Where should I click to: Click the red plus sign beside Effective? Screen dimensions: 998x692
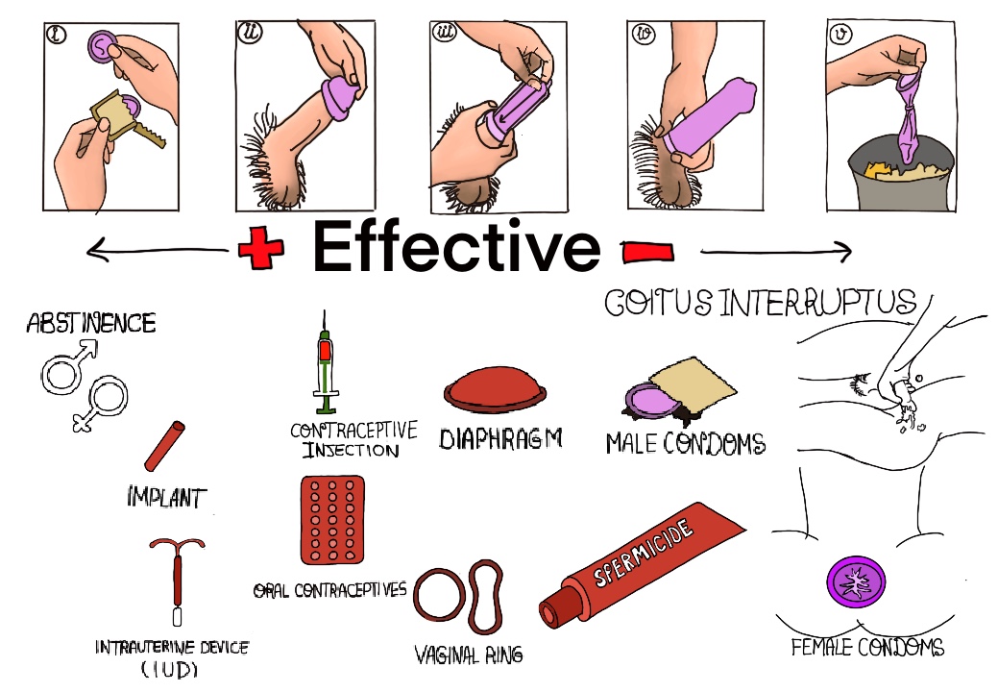pyautogui.click(x=261, y=246)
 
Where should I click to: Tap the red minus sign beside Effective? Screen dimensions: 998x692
pyautogui.click(x=647, y=252)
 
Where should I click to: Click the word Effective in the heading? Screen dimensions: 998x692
pyautogui.click(x=456, y=246)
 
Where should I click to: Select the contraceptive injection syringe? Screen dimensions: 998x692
pyautogui.click(x=326, y=362)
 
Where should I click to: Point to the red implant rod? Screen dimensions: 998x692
pyautogui.click(x=165, y=446)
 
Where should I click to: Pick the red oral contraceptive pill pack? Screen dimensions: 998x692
pyautogui.click(x=332, y=520)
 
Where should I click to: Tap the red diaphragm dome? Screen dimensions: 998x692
pyautogui.click(x=496, y=389)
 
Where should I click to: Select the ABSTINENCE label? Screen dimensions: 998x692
pyautogui.click(x=91, y=323)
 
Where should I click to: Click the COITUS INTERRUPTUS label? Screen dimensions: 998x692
pyautogui.click(x=761, y=303)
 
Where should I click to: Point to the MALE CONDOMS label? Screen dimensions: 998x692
pyautogui.click(x=686, y=443)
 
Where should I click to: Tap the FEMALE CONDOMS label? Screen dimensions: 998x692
pyautogui.click(x=867, y=647)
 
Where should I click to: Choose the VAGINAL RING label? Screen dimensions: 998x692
pyautogui.click(x=469, y=655)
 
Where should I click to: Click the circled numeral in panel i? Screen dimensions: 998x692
pyautogui.click(x=57, y=34)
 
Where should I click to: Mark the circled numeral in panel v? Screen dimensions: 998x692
pyautogui.click(x=840, y=33)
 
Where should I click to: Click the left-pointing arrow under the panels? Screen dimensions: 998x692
pyautogui.click(x=158, y=250)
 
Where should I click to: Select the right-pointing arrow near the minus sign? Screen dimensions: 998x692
pyautogui.click(x=776, y=252)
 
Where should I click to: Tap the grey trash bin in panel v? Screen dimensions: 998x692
pyautogui.click(x=902, y=176)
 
